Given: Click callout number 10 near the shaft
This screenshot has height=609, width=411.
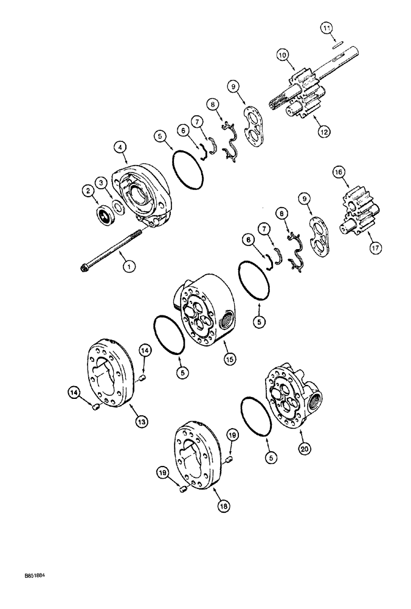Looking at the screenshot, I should (281, 55).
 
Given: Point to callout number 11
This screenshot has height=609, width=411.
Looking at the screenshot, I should (326, 27).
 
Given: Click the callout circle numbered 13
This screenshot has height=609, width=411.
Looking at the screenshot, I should (140, 421).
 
